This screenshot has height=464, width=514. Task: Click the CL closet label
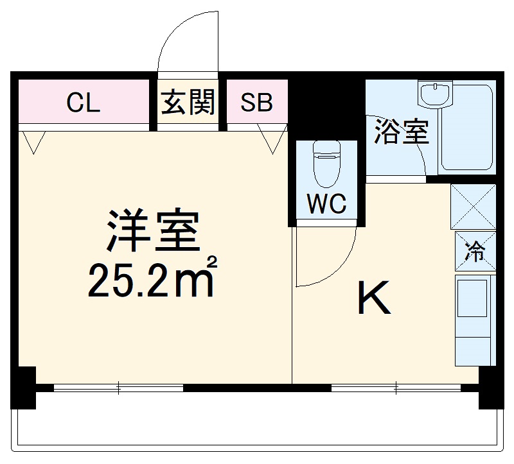click(84, 103)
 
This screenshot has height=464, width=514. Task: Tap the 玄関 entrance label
click(188, 103)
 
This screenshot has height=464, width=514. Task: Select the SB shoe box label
click(256, 103)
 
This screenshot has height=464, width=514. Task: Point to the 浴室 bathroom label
click(401, 132)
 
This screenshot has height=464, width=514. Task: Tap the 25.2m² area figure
click(151, 280)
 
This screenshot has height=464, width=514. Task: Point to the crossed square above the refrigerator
click(474, 207)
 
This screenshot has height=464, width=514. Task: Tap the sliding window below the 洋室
click(119, 388)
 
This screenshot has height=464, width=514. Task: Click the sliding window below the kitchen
click(396, 388)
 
